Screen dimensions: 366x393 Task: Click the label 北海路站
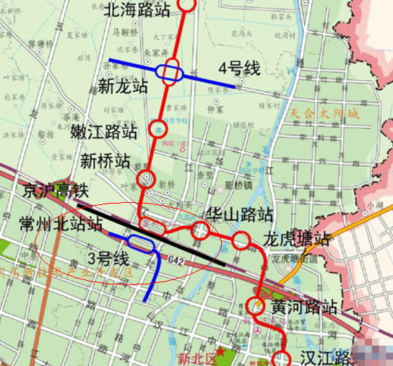coord(138,9)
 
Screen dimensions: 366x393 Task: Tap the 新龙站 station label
coord(124,86)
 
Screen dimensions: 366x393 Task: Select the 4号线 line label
coord(239,69)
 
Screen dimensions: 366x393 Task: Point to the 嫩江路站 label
coord(105,132)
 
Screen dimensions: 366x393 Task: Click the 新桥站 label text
coord(105,159)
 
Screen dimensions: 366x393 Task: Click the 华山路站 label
coord(238,215)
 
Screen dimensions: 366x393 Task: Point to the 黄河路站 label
coord(303,307)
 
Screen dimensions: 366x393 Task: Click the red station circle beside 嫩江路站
coord(159,129)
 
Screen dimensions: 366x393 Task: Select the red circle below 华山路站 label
coord(200,231)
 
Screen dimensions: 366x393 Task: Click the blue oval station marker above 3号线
coord(142,244)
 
